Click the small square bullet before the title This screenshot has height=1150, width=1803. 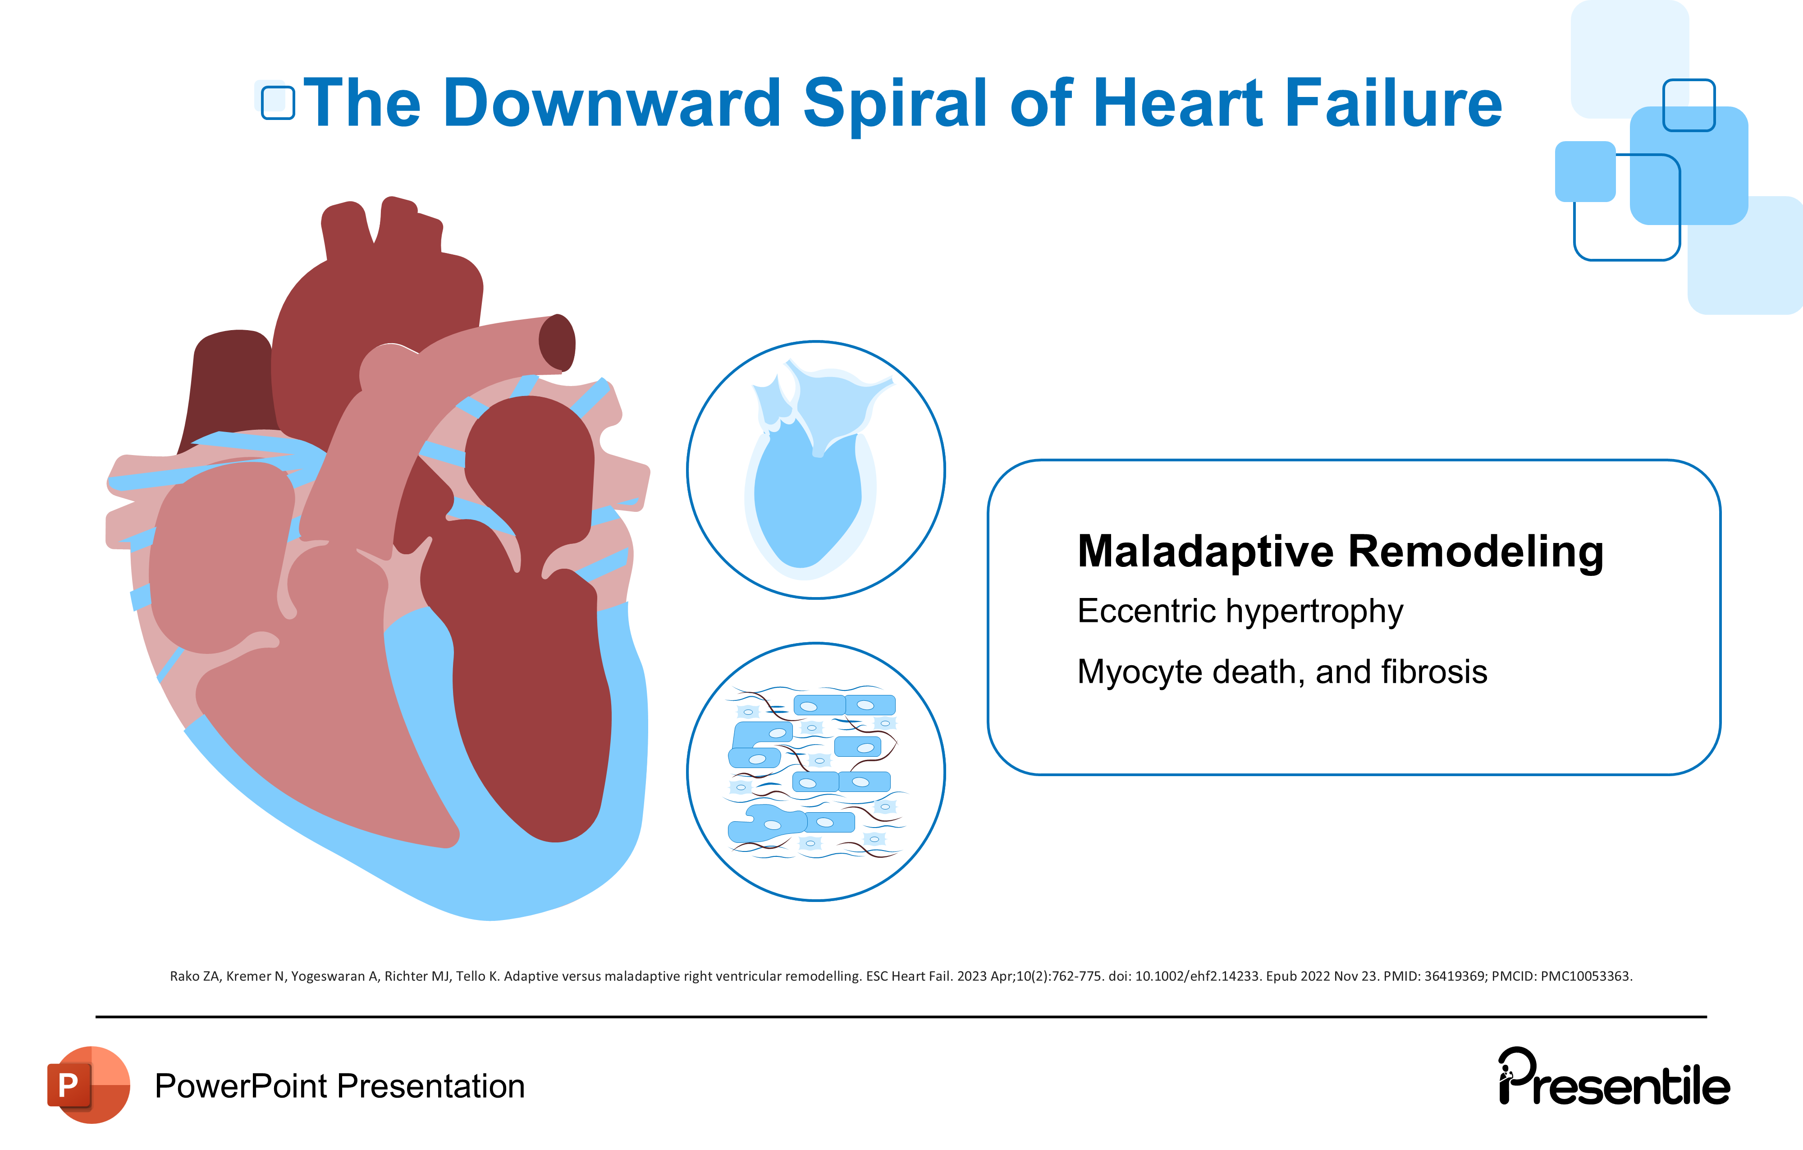277,103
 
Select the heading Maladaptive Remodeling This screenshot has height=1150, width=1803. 1340,552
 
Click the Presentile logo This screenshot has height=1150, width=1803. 1614,1079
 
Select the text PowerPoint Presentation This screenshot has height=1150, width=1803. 339,1086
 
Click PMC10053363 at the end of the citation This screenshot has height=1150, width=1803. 1585,976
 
